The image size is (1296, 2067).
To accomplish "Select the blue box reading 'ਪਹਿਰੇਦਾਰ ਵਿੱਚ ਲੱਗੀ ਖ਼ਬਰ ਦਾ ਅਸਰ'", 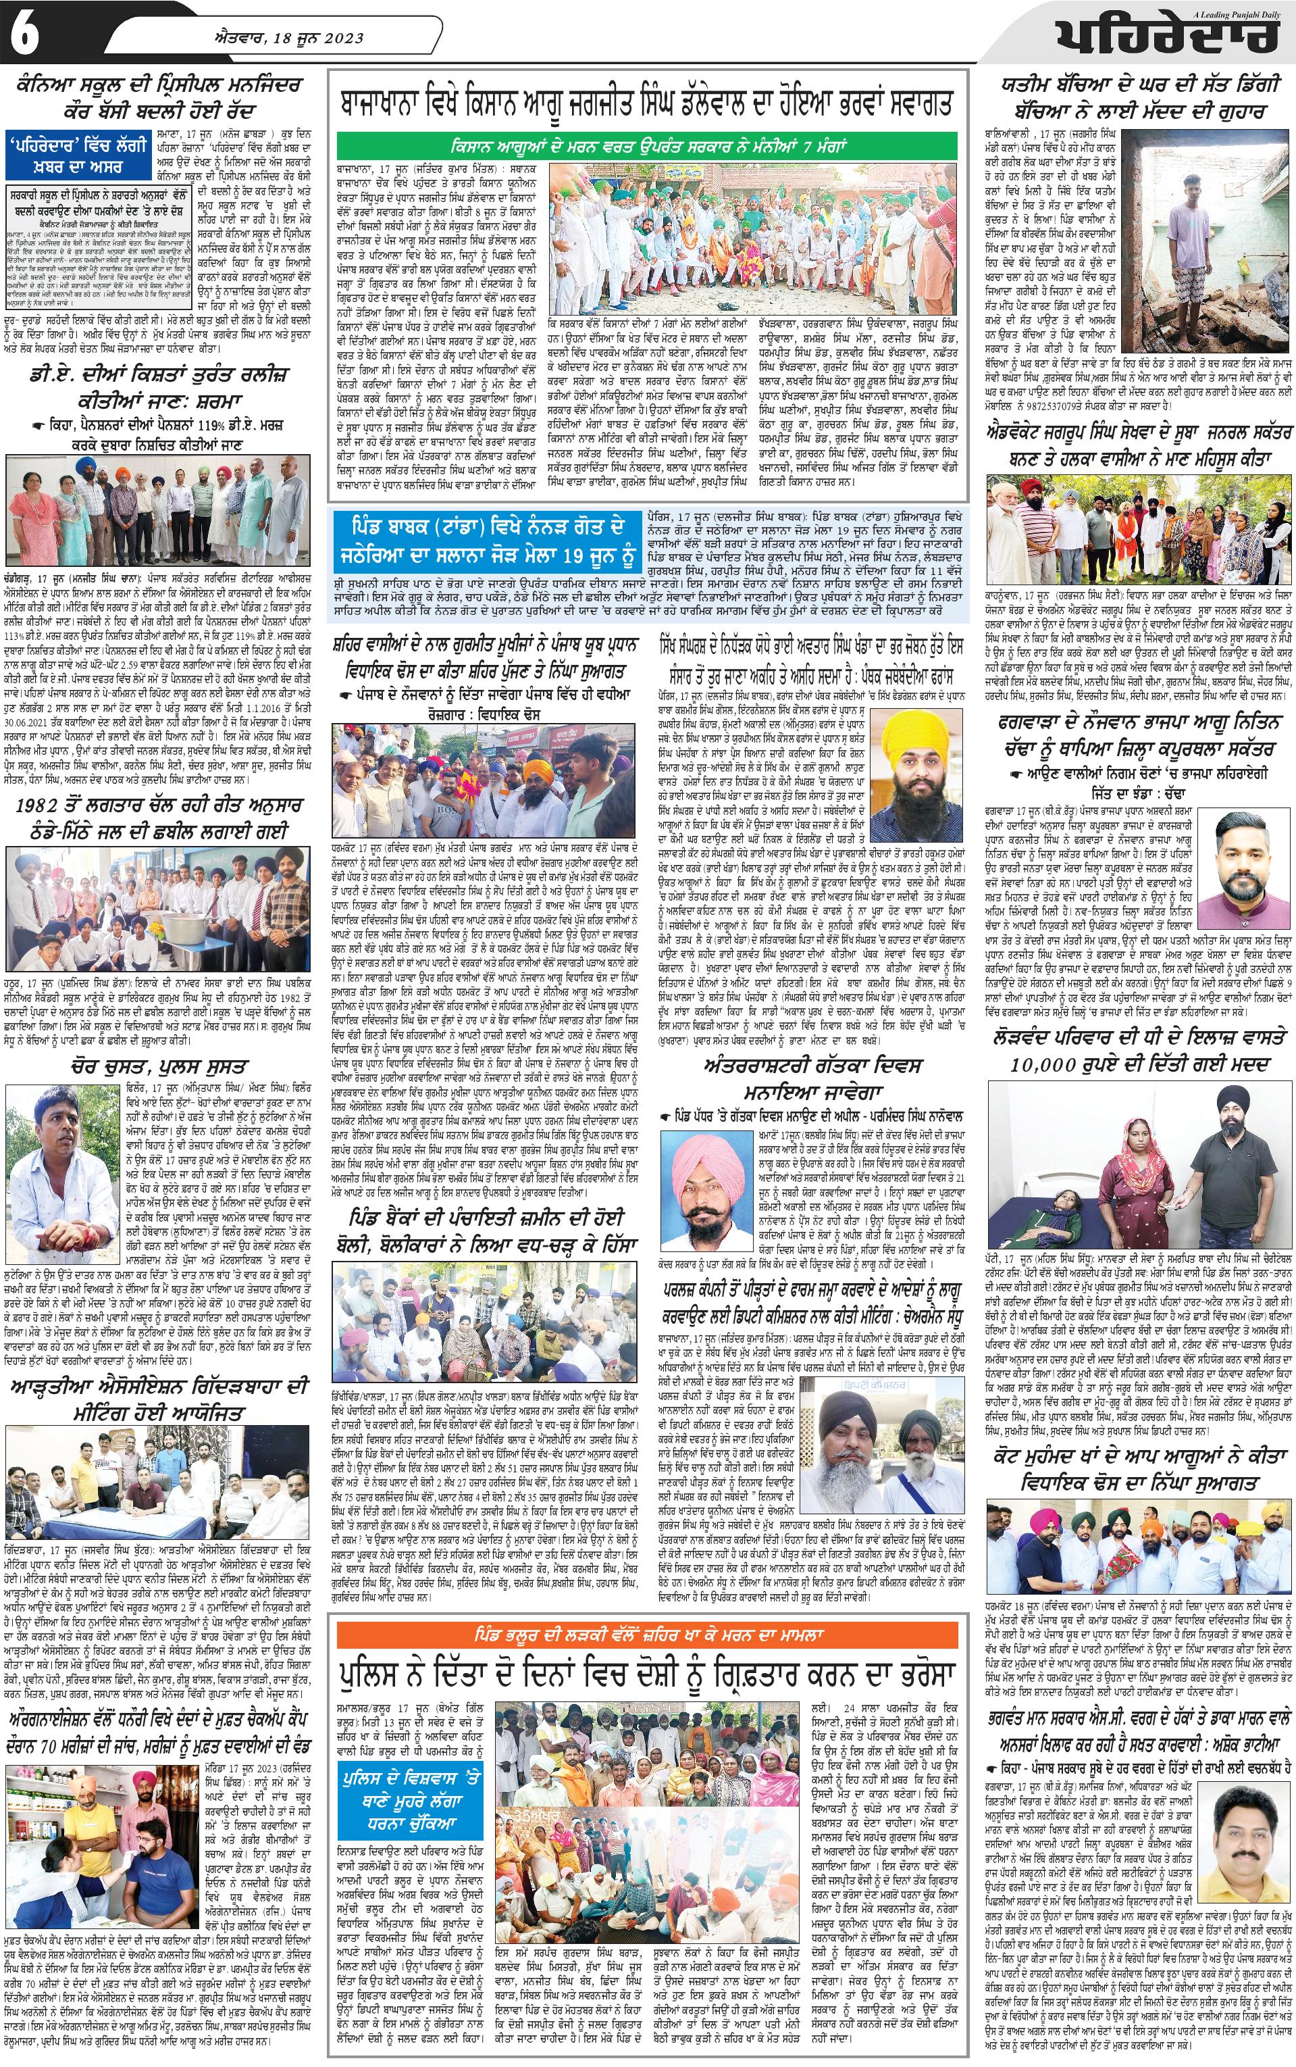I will pos(80,154).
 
